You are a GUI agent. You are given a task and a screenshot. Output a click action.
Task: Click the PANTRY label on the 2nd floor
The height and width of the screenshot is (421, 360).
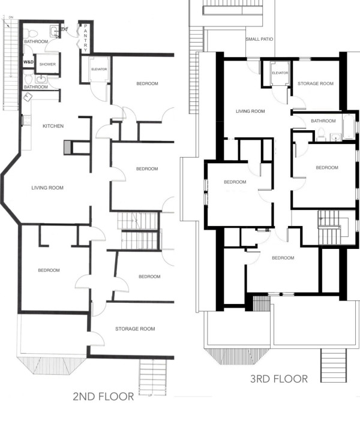coord(85,38)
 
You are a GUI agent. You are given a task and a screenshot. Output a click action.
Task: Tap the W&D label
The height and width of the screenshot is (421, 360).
coord(28,62)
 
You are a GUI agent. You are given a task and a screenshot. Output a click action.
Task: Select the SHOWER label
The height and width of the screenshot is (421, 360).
coord(47,64)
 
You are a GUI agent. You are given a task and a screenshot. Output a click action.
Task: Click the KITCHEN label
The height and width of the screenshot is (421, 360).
coord(53,126)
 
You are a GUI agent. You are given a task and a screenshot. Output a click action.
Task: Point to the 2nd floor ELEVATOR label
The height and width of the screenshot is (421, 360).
coord(99,70)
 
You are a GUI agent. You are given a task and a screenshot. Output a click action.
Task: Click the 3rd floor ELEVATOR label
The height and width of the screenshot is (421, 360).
coord(280,73)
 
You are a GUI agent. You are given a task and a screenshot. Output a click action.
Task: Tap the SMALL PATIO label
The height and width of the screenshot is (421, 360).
coord(259,39)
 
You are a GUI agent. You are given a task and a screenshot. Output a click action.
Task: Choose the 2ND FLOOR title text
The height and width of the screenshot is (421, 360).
coord(103,396)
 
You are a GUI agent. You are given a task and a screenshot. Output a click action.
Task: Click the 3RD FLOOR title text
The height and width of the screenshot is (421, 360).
coord(279,379)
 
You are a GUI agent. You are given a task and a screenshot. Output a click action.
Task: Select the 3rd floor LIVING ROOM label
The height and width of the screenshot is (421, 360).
coord(250,111)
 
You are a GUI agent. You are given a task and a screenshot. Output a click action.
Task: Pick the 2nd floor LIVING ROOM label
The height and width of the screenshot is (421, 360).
coord(47,188)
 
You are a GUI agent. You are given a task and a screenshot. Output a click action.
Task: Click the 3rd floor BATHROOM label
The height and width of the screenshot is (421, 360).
coord(323,121)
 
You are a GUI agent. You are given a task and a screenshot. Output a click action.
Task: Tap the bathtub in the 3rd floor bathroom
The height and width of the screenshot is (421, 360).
coord(349,127)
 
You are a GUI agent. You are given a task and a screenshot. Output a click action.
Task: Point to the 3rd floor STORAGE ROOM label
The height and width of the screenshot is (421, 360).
coord(316,84)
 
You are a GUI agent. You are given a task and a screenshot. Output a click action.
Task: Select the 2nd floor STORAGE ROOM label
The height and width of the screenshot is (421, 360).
coord(135,329)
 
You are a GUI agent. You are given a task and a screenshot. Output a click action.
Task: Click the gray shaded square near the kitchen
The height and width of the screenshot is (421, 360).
coord(68,148)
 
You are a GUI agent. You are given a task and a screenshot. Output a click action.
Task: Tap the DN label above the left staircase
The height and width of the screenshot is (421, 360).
coord(11,17)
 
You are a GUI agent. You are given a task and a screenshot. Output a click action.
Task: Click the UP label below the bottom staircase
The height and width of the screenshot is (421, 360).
coord(150,395)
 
